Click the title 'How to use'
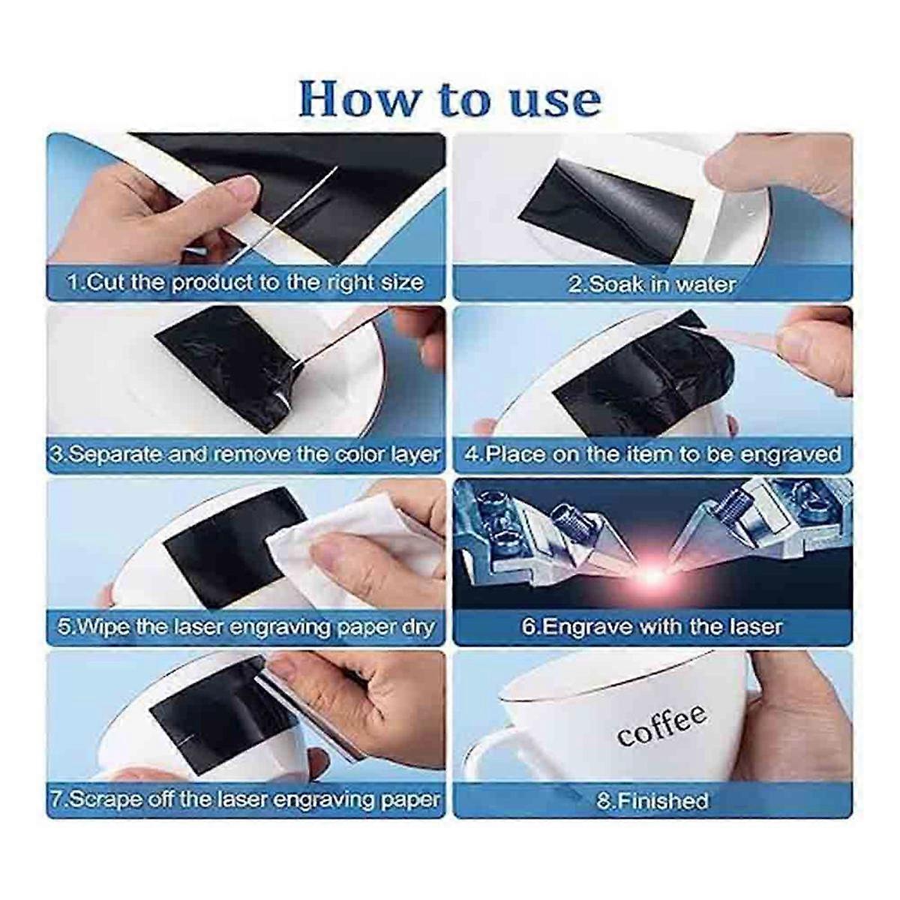[x=450, y=99]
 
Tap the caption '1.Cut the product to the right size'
[x=245, y=283]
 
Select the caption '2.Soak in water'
[x=652, y=284]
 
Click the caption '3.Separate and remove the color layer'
[x=245, y=454]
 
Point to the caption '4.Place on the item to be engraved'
[x=652, y=454]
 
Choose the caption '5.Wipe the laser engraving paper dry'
[x=247, y=626]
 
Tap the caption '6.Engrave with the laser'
[x=652, y=626]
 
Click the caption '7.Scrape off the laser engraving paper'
[x=245, y=799]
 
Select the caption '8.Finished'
[x=652, y=801]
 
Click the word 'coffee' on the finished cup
[x=661, y=726]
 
